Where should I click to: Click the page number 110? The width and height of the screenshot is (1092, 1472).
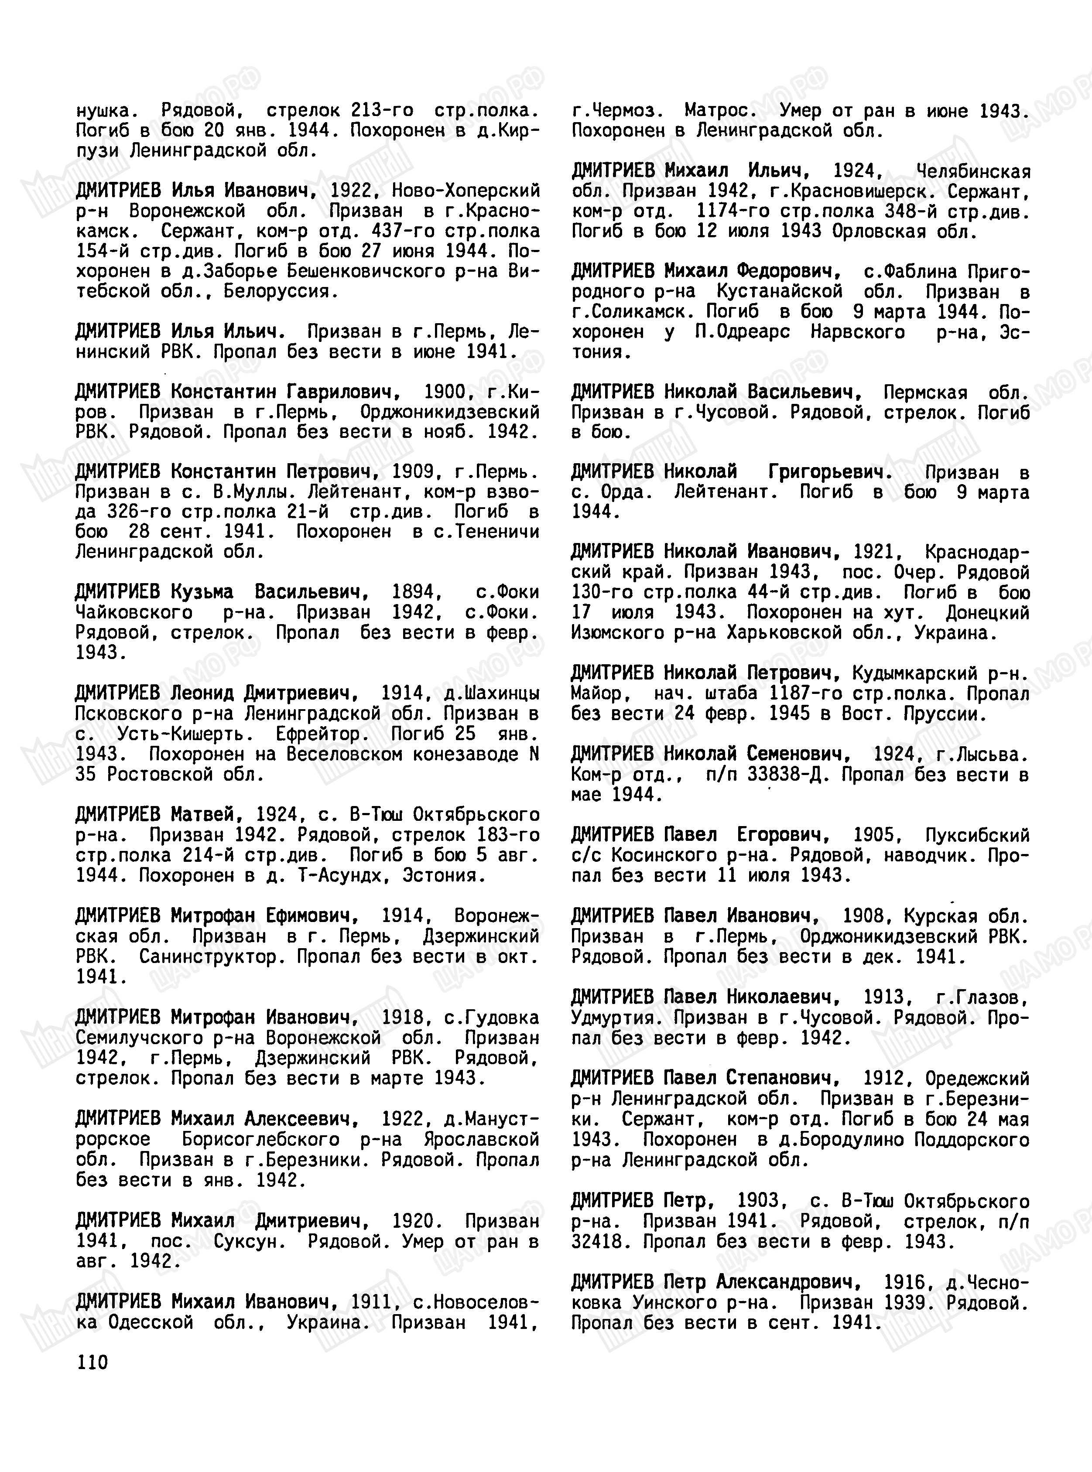point(92,1363)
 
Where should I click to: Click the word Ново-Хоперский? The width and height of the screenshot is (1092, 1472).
point(466,191)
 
